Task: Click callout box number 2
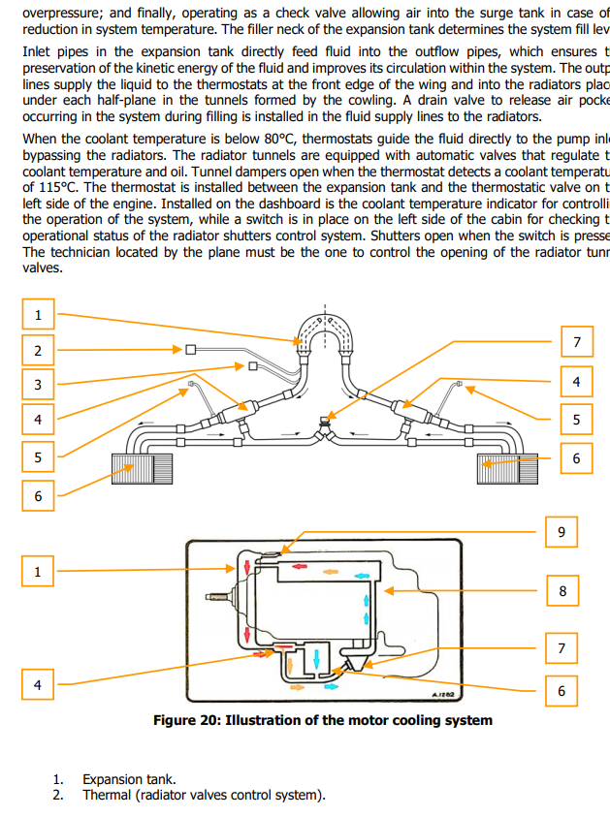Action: [38, 350]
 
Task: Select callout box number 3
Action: [38, 385]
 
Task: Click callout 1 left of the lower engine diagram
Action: [38, 572]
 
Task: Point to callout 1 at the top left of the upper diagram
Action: [38, 315]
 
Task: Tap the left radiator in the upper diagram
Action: [135, 470]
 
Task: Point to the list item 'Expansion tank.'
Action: [129, 779]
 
